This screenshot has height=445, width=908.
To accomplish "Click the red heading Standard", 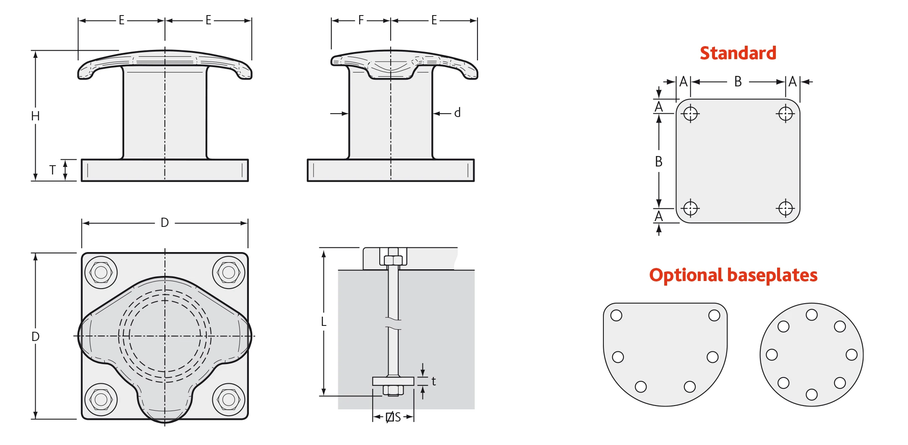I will coord(738,53).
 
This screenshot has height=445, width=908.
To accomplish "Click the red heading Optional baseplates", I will coord(733,275).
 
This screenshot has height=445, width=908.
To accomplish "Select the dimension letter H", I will coord(35,116).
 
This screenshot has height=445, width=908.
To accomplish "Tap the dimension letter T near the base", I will coord(52,170).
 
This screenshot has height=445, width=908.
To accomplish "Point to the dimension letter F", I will coord(361,20).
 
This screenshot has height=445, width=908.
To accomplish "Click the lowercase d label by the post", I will coord(457,113).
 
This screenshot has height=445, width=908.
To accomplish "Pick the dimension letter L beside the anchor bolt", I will coord(324,322).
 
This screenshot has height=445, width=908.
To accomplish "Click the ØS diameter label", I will coord(393,417).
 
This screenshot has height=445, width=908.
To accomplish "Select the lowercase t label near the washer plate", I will coord(433,381).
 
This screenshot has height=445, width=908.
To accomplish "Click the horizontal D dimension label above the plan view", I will coord(164,223).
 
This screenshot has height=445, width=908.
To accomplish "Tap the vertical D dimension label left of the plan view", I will coord(35,336).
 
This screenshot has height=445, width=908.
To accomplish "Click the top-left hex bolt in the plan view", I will coord(101,273).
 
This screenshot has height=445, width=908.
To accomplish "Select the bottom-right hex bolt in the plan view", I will coord(229,399).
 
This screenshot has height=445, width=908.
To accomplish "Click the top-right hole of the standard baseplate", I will coord(785,114).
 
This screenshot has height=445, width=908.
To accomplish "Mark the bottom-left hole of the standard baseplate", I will coord(690,208).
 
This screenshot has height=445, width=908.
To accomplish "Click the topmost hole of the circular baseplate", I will coord(811,315).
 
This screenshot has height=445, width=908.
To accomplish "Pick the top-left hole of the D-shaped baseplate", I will coord(616,315).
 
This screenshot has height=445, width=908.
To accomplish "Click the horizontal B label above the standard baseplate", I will coord(738,81).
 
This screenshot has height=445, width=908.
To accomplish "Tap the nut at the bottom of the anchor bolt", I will coord(393,391).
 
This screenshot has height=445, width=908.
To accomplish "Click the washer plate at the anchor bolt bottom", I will coord(393,381).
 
